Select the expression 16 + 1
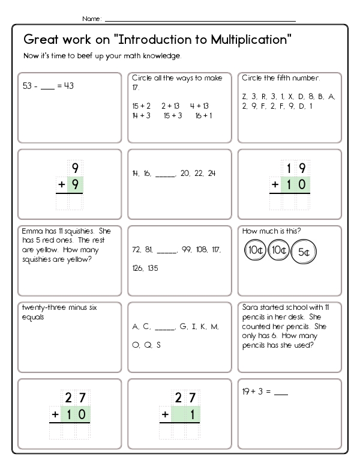[x=203, y=116]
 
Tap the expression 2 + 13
[x=170, y=106]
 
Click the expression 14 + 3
[x=141, y=116]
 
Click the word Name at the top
[x=92, y=19]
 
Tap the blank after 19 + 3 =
[x=281, y=393]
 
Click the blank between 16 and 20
[x=165, y=174]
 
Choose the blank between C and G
[x=164, y=327]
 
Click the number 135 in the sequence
[x=152, y=268]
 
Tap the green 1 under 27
[x=193, y=414]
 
